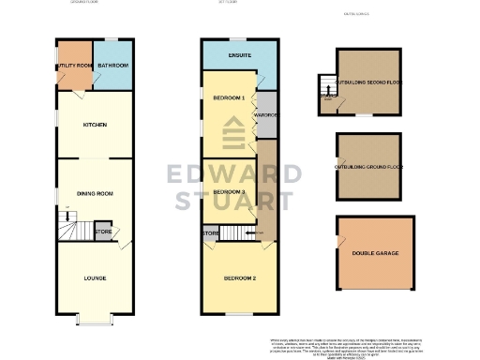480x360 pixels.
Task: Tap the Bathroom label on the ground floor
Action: point(112,65)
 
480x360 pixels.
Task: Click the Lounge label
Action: point(95,277)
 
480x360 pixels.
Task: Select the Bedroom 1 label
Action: point(230,97)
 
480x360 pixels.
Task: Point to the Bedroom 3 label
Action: point(230,191)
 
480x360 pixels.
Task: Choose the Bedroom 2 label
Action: point(240,277)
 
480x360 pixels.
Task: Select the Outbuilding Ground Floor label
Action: point(368,167)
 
